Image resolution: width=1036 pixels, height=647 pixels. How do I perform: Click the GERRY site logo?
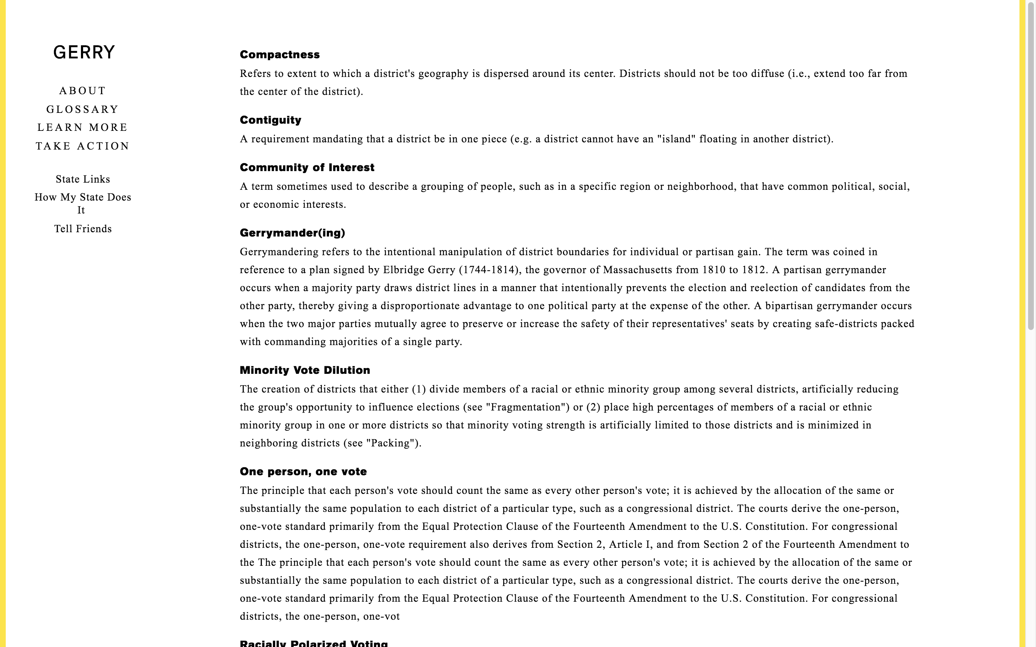point(84,52)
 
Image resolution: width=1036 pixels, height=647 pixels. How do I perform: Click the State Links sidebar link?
point(83,179)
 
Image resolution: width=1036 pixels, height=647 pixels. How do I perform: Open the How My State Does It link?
point(83,203)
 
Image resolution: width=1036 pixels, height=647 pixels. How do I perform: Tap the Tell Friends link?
point(83,229)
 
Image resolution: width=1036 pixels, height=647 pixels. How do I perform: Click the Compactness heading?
point(280,55)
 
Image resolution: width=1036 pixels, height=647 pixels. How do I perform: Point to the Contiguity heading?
point(270,120)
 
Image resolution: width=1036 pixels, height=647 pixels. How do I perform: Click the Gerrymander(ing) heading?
point(292,233)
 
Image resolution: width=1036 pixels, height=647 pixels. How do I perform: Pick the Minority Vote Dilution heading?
point(304,371)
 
